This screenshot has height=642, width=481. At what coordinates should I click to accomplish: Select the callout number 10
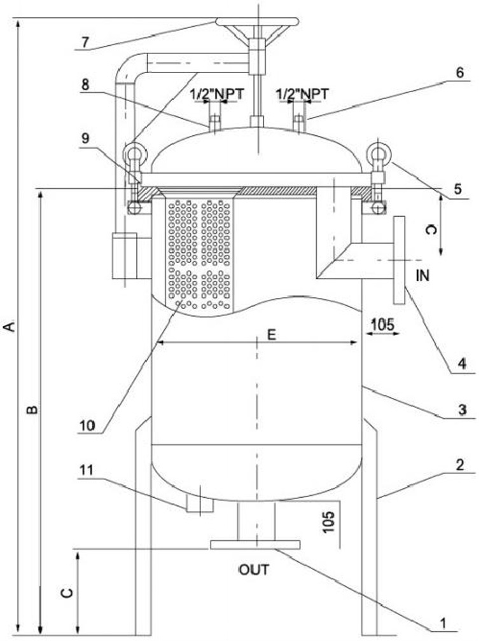pyautogui.click(x=87, y=426)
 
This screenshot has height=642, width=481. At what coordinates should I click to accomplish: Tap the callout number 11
pyautogui.click(x=87, y=470)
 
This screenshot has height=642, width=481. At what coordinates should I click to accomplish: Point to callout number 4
pyautogui.click(x=462, y=364)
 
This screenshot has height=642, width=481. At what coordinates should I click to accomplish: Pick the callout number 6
pyautogui.click(x=460, y=72)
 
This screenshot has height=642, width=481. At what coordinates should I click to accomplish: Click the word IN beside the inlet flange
pyautogui.click(x=422, y=276)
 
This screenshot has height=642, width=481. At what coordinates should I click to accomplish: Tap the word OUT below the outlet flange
pyautogui.click(x=254, y=570)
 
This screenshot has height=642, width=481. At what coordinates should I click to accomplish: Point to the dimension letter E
pyautogui.click(x=271, y=334)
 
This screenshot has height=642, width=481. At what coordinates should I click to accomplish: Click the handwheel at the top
pyautogui.click(x=257, y=22)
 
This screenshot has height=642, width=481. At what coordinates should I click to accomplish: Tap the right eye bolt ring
pyautogui.click(x=379, y=154)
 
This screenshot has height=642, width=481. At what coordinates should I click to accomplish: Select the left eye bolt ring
pyautogui.click(x=134, y=154)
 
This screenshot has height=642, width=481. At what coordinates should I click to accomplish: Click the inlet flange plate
pyautogui.click(x=399, y=260)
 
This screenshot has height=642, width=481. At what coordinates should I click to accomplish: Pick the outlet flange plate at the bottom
pyautogui.click(x=255, y=545)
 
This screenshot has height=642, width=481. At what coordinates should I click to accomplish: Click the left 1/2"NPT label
pyautogui.click(x=217, y=94)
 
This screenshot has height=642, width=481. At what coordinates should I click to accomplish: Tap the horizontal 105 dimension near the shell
pyautogui.click(x=382, y=324)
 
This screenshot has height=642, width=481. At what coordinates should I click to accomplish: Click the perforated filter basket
pyautogui.click(x=199, y=254)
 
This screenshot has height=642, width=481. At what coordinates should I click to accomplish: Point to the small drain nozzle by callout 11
pyautogui.click(x=200, y=503)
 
